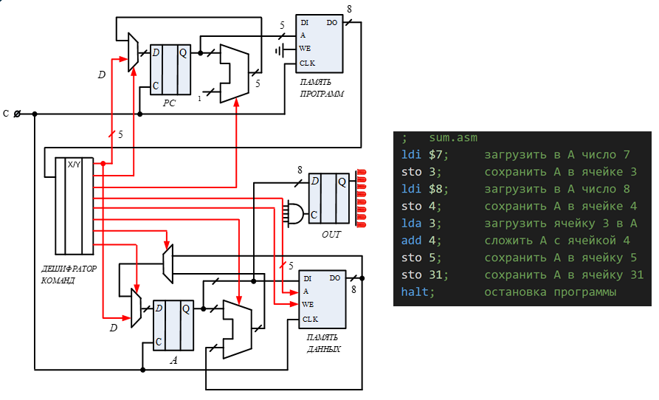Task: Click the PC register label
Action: coord(169,103)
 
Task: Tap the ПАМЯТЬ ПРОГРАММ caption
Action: coord(321,89)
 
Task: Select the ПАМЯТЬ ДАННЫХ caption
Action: coord(324,343)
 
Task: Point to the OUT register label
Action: coord(331,234)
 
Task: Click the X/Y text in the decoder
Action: coord(74,164)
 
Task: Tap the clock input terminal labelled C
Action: coord(18,114)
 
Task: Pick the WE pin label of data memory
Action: coord(307,304)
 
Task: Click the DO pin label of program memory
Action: coord(332,23)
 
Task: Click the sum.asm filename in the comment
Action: coord(454,137)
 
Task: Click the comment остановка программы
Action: coord(550,292)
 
